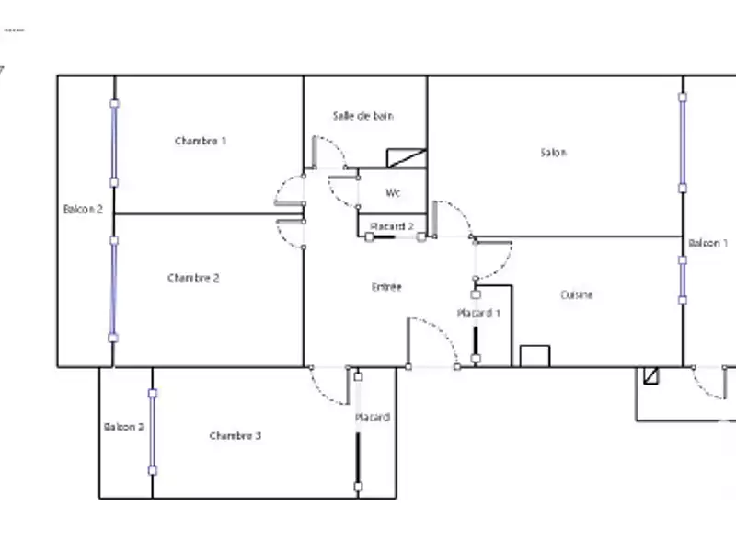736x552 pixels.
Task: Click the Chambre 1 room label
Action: click(x=201, y=141)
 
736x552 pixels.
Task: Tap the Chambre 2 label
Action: click(x=193, y=278)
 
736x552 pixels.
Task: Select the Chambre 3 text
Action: click(x=235, y=435)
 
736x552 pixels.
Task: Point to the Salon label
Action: click(x=553, y=153)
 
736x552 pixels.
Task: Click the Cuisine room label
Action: click(x=577, y=294)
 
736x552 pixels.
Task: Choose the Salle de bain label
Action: click(x=363, y=116)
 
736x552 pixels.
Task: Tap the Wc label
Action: click(x=393, y=193)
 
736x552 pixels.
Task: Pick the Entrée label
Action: click(x=386, y=287)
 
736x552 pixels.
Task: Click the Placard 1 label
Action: click(x=479, y=314)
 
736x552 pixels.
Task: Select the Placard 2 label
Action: click(x=392, y=226)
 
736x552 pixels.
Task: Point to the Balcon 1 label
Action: click(x=708, y=243)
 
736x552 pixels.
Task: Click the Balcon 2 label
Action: click(x=83, y=210)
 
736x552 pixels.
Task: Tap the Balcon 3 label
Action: click(x=124, y=427)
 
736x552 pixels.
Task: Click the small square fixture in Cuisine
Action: click(x=535, y=356)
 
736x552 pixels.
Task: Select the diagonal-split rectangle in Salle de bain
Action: click(x=407, y=157)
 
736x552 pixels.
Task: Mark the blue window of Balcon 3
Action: click(x=153, y=431)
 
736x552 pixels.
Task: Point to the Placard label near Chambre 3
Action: click(x=373, y=418)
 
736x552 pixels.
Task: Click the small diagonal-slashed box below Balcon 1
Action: click(x=651, y=375)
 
